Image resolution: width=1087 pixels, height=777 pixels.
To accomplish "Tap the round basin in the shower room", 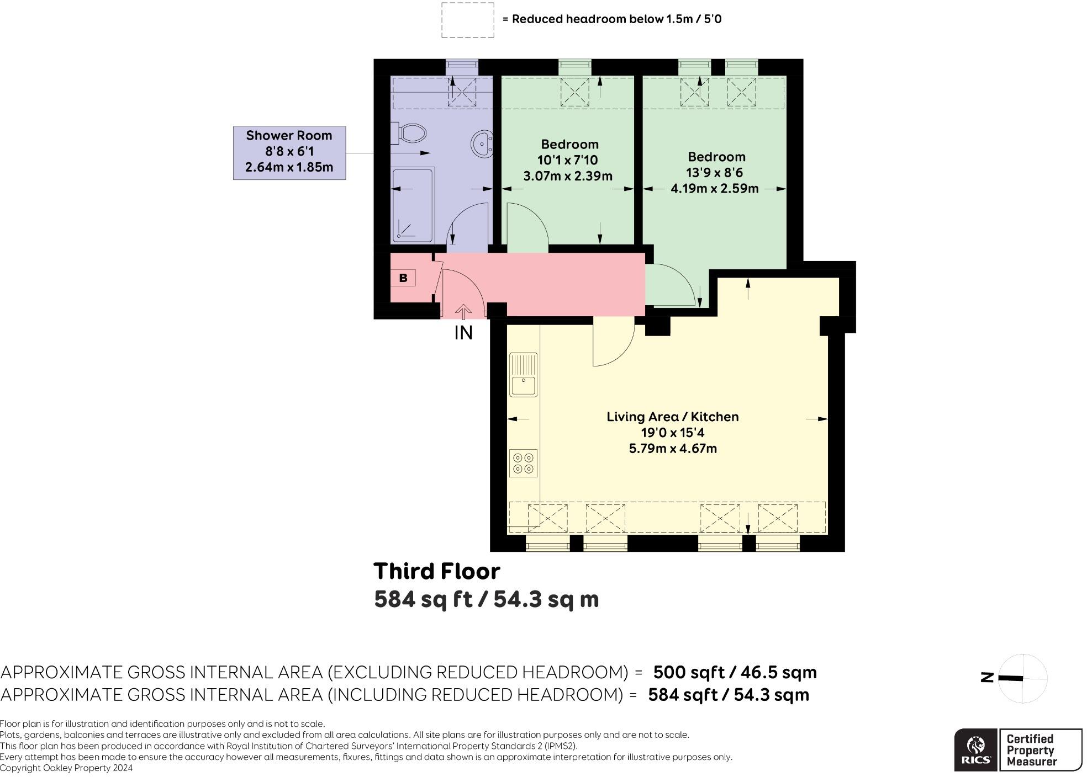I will (482, 145).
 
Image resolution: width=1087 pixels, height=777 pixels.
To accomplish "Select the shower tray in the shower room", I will (413, 205).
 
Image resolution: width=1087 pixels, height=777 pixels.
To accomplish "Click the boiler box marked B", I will (403, 278).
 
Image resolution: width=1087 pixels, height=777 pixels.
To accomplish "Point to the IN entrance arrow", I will (463, 313).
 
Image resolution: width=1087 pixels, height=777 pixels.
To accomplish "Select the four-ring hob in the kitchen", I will (523, 464).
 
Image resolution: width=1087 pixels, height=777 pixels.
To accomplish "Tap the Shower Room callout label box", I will (289, 152).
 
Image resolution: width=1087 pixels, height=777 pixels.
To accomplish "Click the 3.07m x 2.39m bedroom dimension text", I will (568, 176).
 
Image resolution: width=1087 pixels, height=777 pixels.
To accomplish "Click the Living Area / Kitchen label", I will (672, 417).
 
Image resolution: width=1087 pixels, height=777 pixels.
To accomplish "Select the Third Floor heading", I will (436, 571).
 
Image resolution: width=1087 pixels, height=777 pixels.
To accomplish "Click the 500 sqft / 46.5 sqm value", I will (735, 672).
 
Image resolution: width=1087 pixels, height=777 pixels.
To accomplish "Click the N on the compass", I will (987, 678).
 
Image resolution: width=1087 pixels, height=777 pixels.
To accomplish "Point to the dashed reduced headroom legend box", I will (467, 20).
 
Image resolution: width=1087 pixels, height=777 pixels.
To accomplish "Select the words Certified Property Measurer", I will (1031, 750).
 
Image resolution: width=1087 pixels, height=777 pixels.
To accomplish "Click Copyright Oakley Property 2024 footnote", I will (66, 768).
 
